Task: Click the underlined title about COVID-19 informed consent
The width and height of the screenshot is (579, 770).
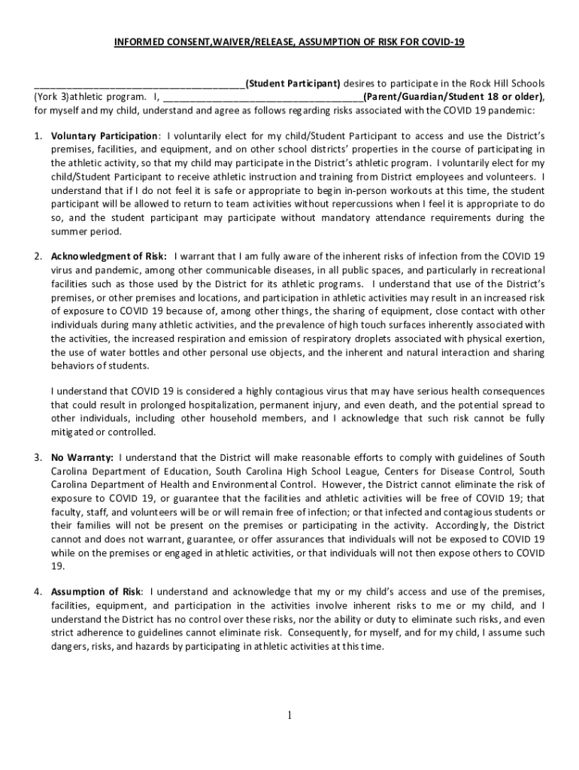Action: coord(289,42)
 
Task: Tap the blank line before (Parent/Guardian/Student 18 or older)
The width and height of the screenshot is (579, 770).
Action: coord(262,96)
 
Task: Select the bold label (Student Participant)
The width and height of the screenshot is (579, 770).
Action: coord(293,83)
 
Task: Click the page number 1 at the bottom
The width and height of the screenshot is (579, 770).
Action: coord(289,714)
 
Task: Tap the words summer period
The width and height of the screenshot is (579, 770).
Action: coord(85,231)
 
